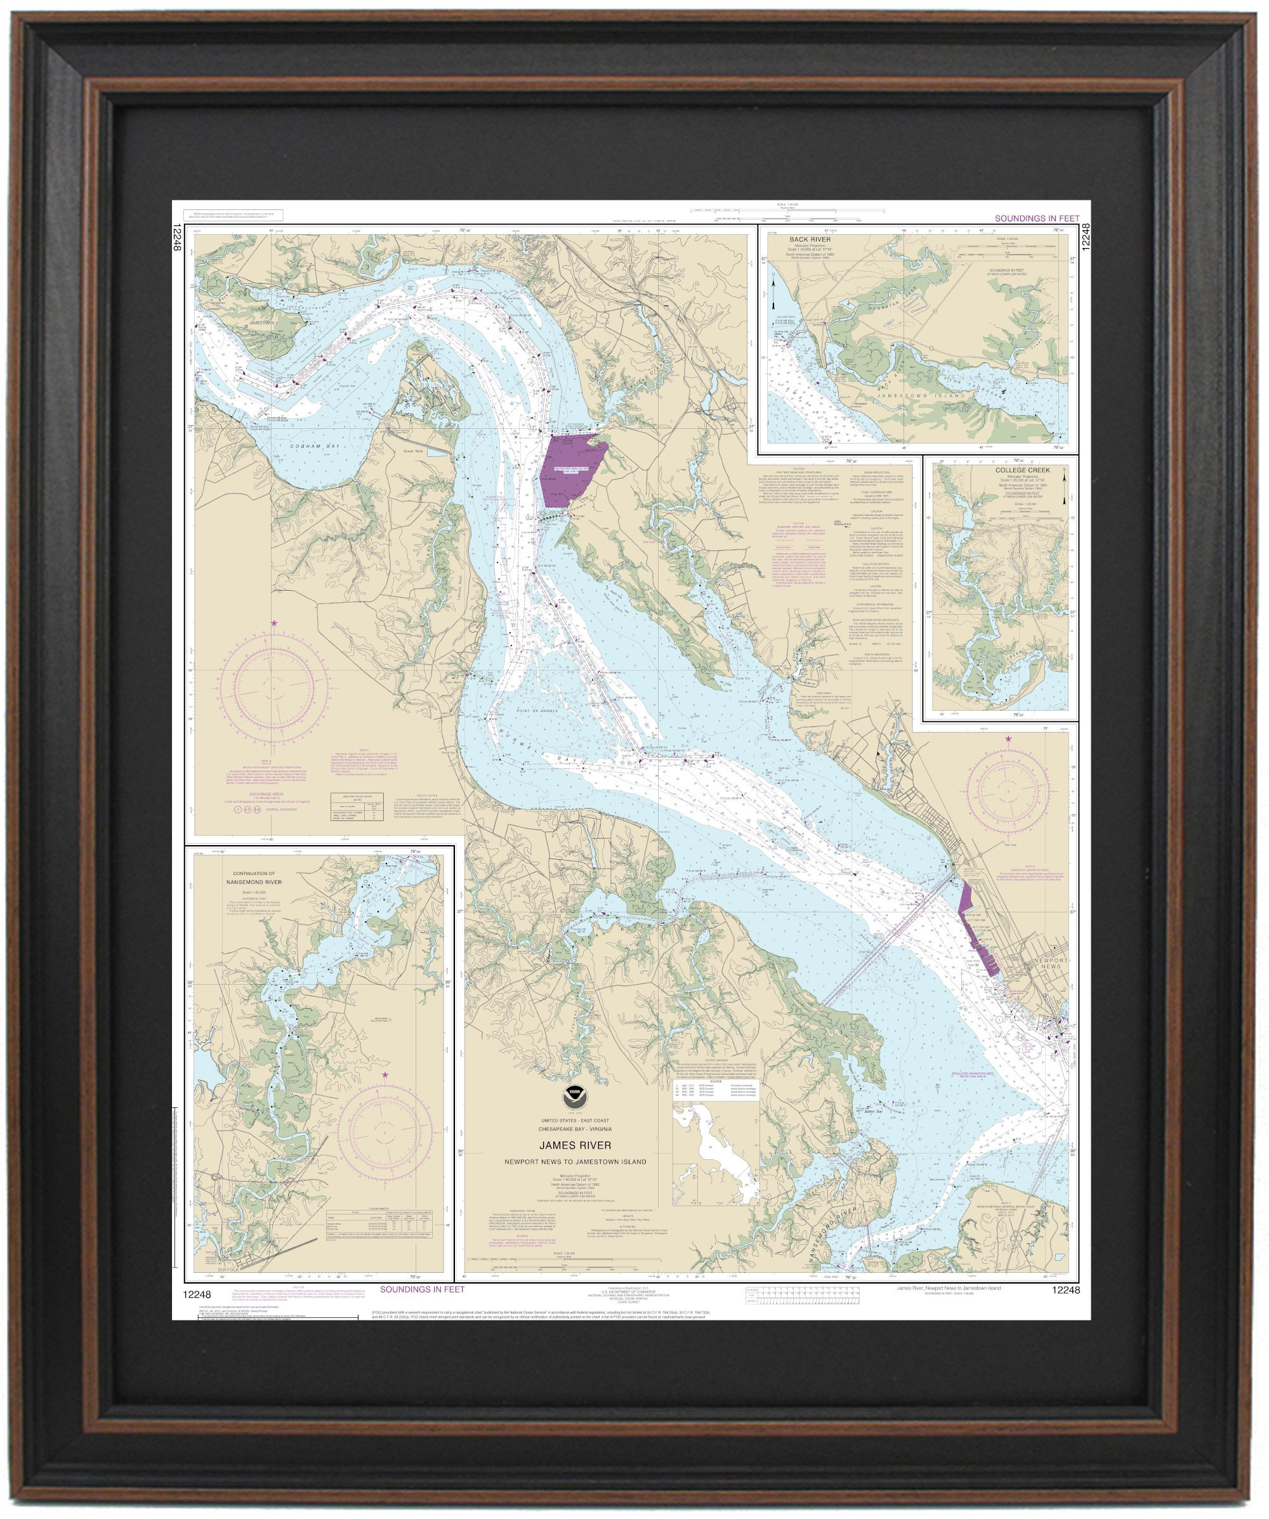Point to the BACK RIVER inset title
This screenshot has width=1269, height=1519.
click(810, 239)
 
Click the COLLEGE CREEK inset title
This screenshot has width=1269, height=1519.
click(1022, 470)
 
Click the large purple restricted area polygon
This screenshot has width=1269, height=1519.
click(569, 468)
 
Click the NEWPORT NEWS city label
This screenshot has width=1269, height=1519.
click(1051, 963)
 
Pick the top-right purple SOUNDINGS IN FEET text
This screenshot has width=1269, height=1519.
click(1036, 218)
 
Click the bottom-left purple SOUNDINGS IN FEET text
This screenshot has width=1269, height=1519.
click(422, 1289)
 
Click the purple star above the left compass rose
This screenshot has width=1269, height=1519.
click(273, 623)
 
